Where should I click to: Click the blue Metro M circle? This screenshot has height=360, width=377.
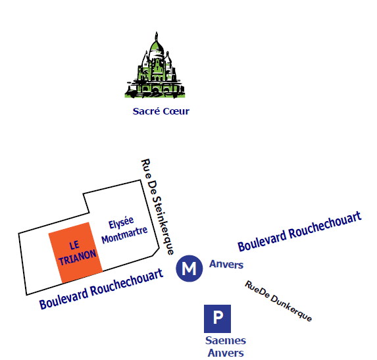click(189, 269)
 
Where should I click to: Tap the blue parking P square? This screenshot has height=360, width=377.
click(217, 319)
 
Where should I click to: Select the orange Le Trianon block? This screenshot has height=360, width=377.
click(76, 253)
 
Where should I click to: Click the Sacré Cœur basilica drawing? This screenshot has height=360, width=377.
click(155, 65)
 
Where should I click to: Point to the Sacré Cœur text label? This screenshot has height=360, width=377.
click(161, 111)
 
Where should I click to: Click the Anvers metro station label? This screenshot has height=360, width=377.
click(226, 265)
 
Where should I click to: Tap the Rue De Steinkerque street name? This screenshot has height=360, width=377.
click(157, 207)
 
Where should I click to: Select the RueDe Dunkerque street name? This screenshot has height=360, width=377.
click(278, 301)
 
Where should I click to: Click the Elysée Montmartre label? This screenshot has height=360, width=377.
click(124, 230)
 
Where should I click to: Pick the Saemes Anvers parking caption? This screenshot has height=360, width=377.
click(226, 347)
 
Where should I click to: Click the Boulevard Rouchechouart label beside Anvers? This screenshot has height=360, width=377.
click(299, 232)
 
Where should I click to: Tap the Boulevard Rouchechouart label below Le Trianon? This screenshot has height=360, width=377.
click(101, 289)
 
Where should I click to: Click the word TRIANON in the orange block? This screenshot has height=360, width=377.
click(78, 257)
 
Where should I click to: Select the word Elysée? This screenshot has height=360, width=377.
click(121, 223)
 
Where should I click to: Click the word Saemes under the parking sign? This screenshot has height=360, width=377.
click(226, 340)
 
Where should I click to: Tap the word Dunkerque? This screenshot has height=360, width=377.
click(291, 308)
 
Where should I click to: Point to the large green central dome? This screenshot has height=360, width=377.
click(157, 48)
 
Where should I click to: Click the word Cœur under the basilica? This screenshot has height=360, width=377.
click(176, 111)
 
